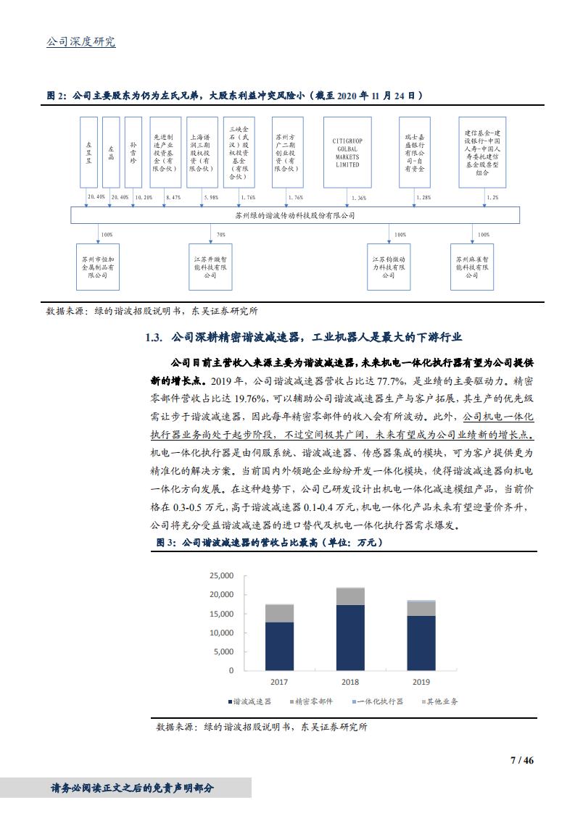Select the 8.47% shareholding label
tap(173, 197)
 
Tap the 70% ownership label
tap(220, 235)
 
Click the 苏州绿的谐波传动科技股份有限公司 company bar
tap(295, 215)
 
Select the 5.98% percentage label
tap(211, 197)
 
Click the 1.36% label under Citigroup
tap(358, 197)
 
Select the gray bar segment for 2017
tap(279, 613)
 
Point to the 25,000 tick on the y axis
tap(220, 575)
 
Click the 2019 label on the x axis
tap(421, 682)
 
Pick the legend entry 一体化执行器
tap(379, 701)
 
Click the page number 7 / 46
tap(521, 760)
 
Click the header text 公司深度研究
tap(80, 42)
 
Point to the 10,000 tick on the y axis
tap(220, 633)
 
